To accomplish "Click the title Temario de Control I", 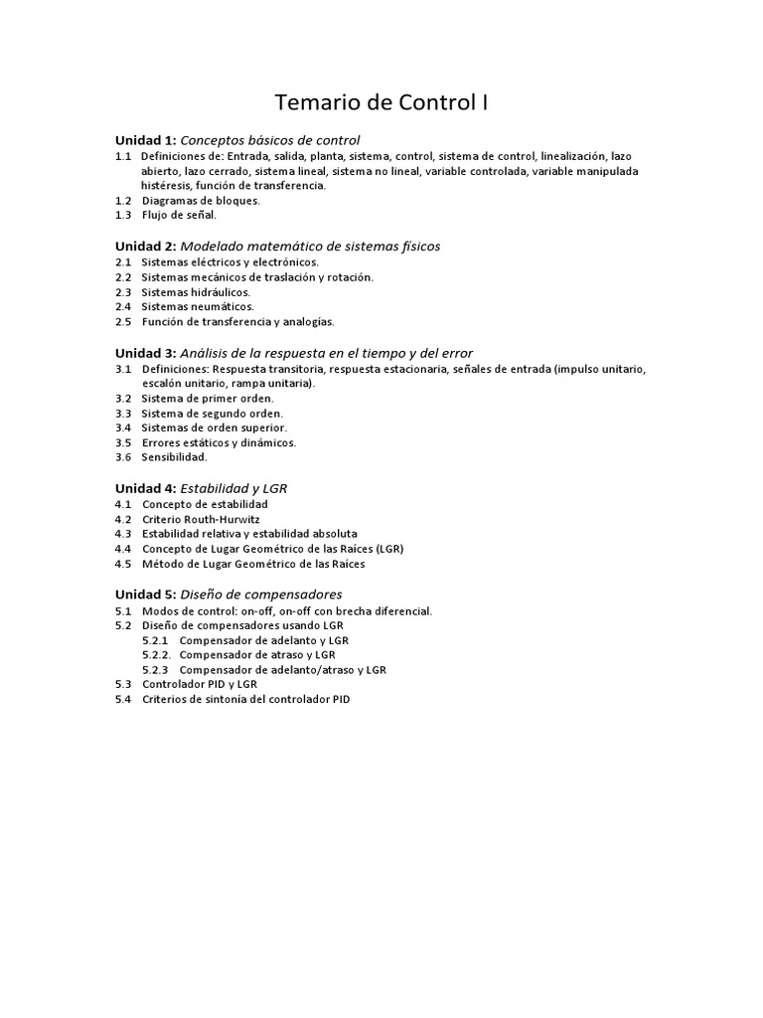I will (x=381, y=103).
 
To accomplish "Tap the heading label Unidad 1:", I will (x=145, y=140).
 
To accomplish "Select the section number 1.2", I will (x=123, y=200).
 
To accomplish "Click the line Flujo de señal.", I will (x=179, y=215).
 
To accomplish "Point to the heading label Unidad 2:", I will (x=145, y=246).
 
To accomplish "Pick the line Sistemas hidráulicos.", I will (x=196, y=292).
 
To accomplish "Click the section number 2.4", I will (x=123, y=307).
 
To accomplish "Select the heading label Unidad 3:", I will (x=145, y=353).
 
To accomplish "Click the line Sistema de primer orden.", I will (x=208, y=398).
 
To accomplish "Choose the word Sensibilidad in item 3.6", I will (x=174, y=457).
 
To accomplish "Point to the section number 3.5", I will (x=123, y=442).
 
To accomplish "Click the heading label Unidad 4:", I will (x=145, y=488).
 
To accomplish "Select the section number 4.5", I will (x=123, y=564).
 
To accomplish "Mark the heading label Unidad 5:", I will (x=145, y=594).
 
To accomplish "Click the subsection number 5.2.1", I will (x=157, y=640).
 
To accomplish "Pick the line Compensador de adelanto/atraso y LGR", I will (x=283, y=670).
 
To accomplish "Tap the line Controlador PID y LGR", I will (x=200, y=685).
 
